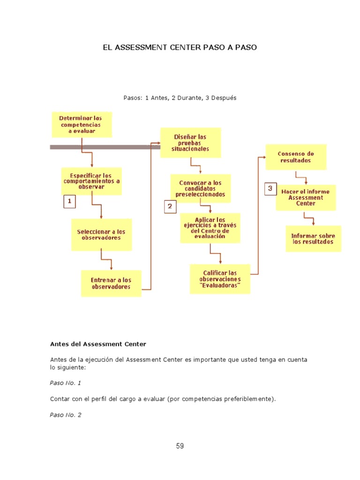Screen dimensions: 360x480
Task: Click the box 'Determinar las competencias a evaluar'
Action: pos(82,124)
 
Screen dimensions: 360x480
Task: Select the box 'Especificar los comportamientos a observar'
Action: pos(91,181)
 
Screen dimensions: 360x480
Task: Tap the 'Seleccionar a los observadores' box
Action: pos(101,234)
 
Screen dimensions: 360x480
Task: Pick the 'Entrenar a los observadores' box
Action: pos(111,283)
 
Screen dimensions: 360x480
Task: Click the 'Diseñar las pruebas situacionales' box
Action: pos(190,142)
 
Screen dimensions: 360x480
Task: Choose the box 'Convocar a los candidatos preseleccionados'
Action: pos(200,188)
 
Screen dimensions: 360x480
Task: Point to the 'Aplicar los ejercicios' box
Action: pos(210,228)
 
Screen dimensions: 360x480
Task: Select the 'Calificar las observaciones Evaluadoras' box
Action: pos(220,279)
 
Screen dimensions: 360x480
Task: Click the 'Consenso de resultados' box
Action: pos(296,157)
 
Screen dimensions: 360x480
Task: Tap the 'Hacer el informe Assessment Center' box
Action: pos(306,197)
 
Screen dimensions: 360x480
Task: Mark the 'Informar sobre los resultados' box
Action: pos(313,239)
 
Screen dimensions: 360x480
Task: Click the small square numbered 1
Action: pos(69,202)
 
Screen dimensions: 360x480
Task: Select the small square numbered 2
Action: pos(170,206)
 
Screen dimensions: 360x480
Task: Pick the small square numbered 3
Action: pos(270,188)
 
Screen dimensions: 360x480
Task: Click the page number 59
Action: pos(180,446)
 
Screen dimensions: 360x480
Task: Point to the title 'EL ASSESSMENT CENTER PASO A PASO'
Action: pos(180,48)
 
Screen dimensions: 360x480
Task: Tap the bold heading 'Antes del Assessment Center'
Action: pos(98,344)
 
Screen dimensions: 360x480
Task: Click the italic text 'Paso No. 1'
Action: pos(66,383)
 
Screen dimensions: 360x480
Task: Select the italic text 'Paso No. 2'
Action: pos(66,415)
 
